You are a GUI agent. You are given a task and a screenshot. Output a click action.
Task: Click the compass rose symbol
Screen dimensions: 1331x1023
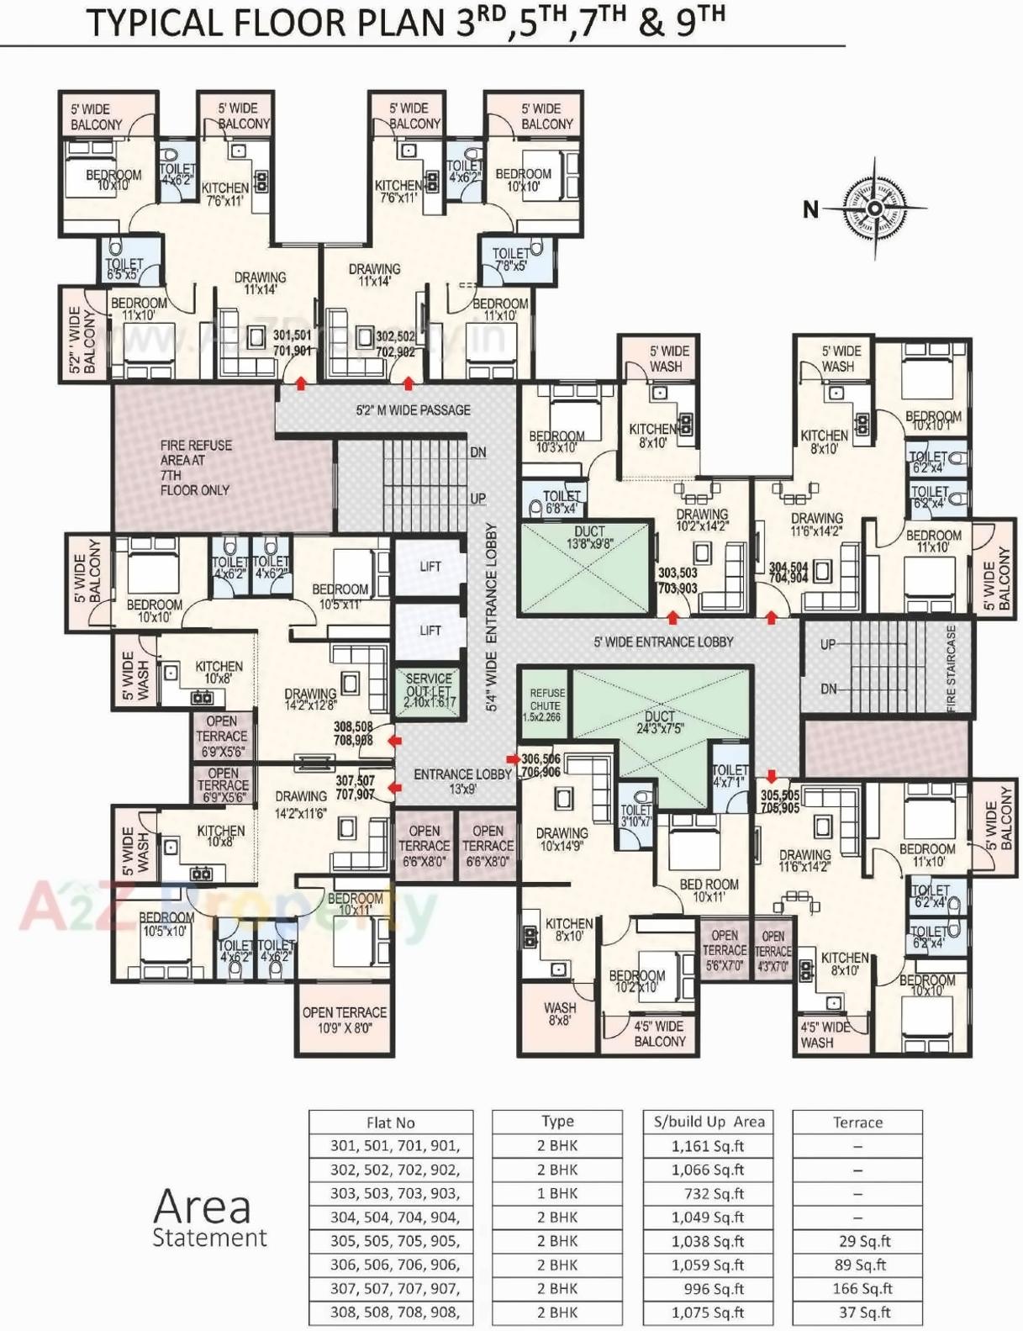(875, 208)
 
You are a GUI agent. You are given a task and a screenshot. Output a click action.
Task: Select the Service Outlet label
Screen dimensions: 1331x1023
(429, 690)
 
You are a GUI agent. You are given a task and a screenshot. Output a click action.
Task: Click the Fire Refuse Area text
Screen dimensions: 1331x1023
(196, 467)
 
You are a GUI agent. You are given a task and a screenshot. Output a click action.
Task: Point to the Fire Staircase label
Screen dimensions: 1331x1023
(952, 668)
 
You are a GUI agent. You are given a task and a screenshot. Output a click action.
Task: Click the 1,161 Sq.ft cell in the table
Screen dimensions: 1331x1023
(708, 1146)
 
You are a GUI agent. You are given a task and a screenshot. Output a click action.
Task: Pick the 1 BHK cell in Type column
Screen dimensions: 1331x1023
(557, 1193)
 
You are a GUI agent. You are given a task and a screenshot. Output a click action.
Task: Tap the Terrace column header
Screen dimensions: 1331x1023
(857, 1122)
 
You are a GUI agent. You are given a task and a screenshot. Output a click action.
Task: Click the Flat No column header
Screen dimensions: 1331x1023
(391, 1122)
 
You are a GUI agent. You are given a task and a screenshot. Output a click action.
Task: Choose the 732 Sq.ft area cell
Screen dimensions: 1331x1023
(708, 1193)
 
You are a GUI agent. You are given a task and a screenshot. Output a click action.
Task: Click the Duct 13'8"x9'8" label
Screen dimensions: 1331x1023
(589, 538)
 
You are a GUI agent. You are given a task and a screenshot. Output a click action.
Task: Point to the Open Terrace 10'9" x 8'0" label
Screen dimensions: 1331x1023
(345, 1020)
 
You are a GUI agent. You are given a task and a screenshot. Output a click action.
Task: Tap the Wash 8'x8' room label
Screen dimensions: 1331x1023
(559, 1014)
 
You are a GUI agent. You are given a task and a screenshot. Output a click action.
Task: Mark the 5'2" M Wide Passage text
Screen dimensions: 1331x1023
(413, 410)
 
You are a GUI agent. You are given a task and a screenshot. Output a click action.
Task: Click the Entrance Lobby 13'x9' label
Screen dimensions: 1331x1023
(462, 781)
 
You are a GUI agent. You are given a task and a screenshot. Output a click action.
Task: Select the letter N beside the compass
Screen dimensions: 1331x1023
(810, 209)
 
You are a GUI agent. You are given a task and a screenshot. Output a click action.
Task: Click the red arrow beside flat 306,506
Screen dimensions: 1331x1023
(513, 758)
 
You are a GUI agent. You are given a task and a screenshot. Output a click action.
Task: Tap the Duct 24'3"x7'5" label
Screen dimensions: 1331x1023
(660, 722)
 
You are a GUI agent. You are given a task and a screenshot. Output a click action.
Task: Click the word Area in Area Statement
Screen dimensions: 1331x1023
(202, 1207)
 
